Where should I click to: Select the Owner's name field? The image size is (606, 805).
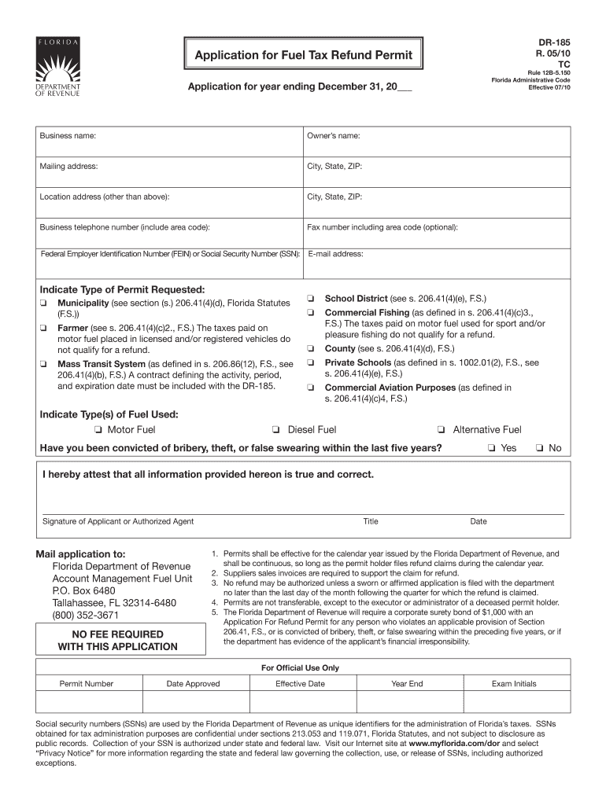click(x=437, y=142)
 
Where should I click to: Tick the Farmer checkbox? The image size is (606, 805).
click(x=44, y=328)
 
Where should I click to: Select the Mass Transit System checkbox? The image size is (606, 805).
click(x=44, y=364)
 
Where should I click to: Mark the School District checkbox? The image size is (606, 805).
click(x=311, y=299)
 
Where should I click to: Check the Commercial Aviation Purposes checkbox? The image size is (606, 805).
click(x=311, y=388)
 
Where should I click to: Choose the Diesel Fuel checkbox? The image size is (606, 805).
click(x=276, y=430)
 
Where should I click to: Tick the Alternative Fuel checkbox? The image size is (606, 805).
click(x=442, y=430)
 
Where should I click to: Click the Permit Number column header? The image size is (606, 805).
click(x=87, y=684)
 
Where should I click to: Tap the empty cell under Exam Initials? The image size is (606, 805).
click(x=514, y=701)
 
